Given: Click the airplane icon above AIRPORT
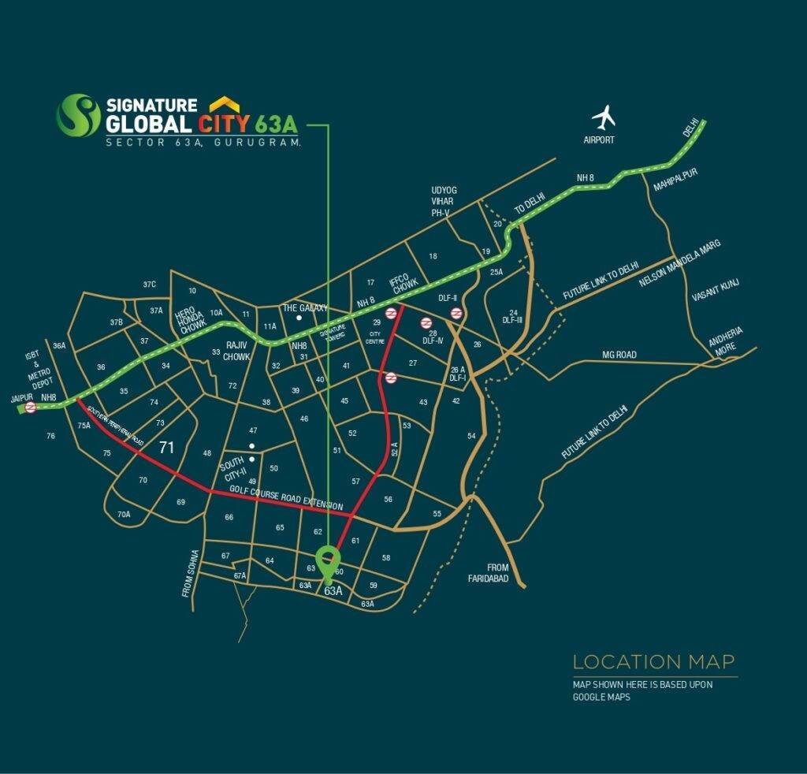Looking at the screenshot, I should click(x=604, y=118).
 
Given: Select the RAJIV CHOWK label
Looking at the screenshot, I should click(x=237, y=351).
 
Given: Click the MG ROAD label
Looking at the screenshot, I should click(x=619, y=355).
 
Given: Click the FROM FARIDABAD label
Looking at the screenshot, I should click(x=497, y=573).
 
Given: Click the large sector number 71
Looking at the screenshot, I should click(x=166, y=448).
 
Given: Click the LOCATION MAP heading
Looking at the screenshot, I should click(x=654, y=661).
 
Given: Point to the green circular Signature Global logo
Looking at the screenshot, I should click(x=78, y=115).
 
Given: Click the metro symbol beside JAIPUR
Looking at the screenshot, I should click(x=30, y=407).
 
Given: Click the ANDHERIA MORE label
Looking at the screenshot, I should click(x=725, y=344).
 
